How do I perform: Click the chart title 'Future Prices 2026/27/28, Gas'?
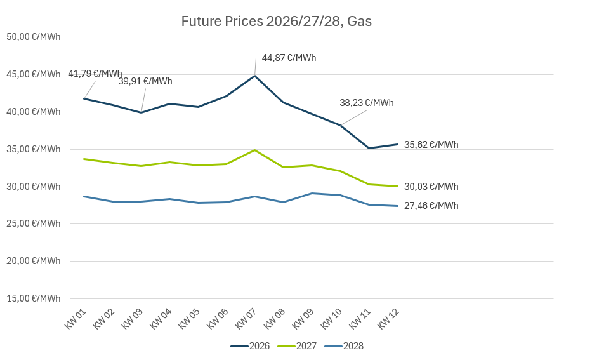pos(276,21)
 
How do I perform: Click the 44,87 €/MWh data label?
pos(289,58)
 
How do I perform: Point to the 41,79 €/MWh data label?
pos(95,74)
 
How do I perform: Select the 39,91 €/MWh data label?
pos(145,81)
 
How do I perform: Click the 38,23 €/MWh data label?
pos(367,103)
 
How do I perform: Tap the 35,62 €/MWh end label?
pos(431,145)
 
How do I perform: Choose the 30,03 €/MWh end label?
pos(431,187)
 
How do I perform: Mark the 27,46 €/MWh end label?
pos(431,206)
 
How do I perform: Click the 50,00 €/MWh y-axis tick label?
pos(34,37)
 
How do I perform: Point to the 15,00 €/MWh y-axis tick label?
pos(34,298)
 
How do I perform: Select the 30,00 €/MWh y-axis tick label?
pos(34,187)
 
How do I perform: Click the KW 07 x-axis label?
pos(246,319)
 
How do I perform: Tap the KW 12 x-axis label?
pos(388,319)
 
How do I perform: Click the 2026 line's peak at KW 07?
pos(255,76)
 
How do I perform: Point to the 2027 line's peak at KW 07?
pos(255,150)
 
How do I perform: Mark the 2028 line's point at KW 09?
pos(312,193)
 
